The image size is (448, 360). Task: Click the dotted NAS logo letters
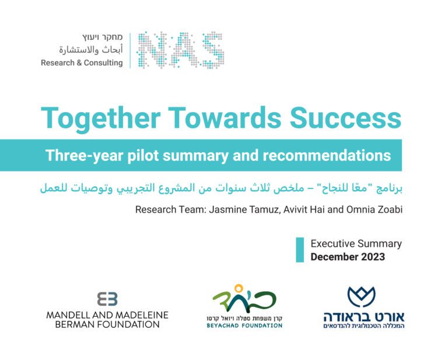[x=180, y=50]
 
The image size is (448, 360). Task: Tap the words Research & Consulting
[x=82, y=62]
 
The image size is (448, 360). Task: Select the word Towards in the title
[x=225, y=118]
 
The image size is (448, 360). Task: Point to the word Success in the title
[x=346, y=118]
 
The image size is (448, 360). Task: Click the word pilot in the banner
[x=143, y=156]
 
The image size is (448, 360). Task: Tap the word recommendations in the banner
[x=327, y=155]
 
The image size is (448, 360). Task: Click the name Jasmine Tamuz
[x=244, y=209]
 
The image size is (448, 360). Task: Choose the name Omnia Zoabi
[x=374, y=209]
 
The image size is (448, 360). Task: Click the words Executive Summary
[x=356, y=244]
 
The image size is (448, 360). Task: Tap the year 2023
[x=373, y=257]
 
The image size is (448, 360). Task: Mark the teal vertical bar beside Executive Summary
[x=300, y=250]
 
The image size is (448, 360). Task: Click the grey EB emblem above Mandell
[x=107, y=299]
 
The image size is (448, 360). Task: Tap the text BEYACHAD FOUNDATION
[x=244, y=326]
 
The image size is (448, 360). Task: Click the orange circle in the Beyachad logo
[x=239, y=289]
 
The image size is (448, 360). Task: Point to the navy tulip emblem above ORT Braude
[x=362, y=297]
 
